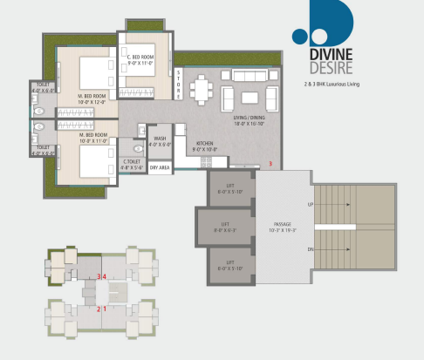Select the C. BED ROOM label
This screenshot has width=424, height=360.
(140, 59)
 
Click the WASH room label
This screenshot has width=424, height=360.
(159, 141)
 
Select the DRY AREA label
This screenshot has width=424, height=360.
(159, 166)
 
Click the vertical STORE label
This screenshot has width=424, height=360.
(178, 85)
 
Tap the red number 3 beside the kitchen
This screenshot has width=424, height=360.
(270, 164)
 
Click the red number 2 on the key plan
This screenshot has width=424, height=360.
(99, 309)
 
